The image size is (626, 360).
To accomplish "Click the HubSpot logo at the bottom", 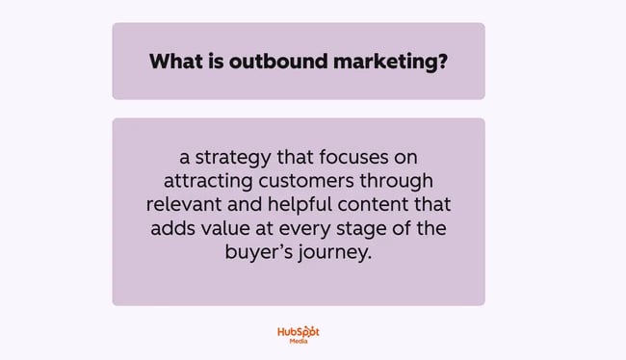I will [298, 332].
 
